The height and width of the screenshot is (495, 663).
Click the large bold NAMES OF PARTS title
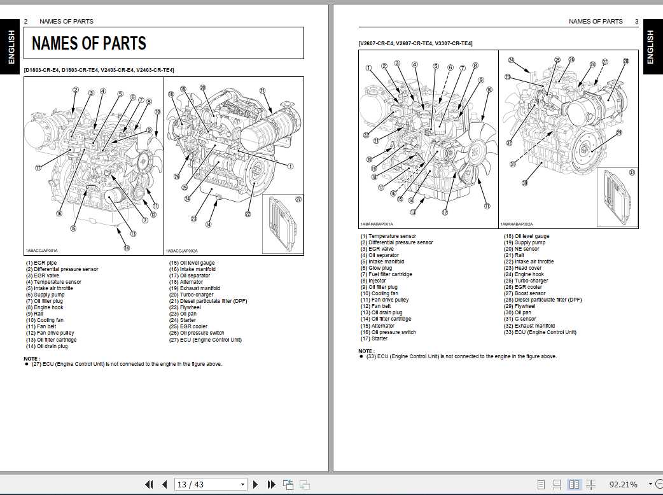89,43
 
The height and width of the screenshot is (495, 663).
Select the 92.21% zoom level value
623,484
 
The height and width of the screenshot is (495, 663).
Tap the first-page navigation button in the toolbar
150,484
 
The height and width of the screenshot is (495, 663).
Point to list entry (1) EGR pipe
41,263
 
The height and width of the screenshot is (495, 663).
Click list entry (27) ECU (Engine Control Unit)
205,340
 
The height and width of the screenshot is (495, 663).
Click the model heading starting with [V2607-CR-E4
415,43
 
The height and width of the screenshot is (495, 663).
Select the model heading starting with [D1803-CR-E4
99,70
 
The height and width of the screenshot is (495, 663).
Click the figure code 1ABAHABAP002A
517,224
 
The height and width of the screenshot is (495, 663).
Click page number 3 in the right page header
636,21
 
